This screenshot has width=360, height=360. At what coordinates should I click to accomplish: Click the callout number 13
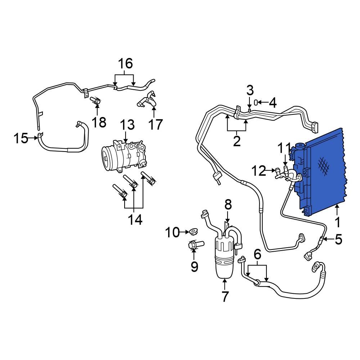click(127, 126)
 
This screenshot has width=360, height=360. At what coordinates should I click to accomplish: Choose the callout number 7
click(225, 297)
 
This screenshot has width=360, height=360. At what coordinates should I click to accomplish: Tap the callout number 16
click(125, 64)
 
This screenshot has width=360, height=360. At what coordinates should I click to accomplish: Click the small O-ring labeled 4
click(256, 103)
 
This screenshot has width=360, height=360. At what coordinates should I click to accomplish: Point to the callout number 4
click(273, 103)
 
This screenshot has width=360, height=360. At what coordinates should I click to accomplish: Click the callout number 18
click(99, 122)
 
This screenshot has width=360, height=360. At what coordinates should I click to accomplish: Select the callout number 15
click(21, 138)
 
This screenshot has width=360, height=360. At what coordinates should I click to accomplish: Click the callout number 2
click(237, 141)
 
